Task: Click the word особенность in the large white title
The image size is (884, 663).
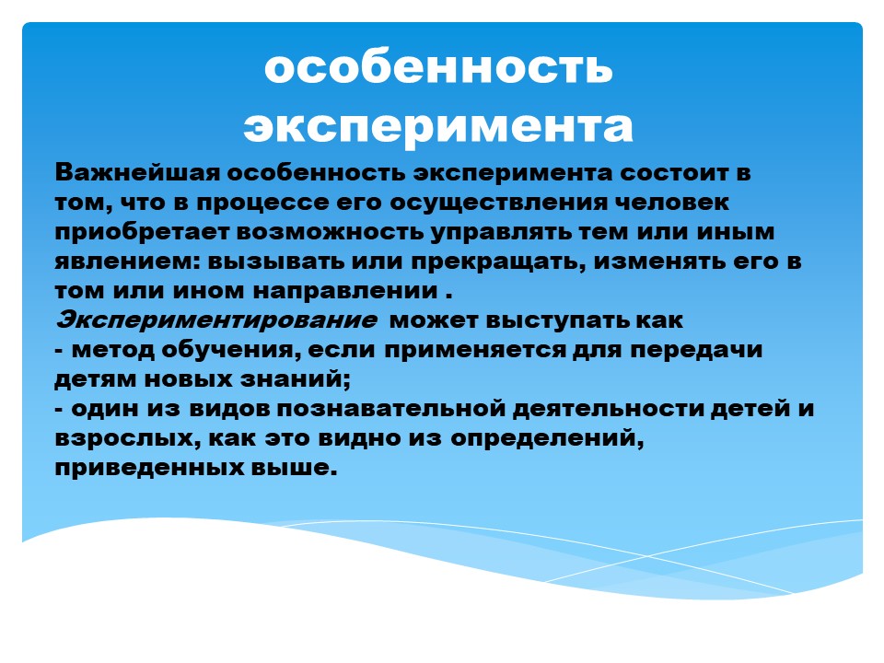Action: pyautogui.click(x=438, y=68)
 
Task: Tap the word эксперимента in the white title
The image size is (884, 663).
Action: pyautogui.click(x=438, y=127)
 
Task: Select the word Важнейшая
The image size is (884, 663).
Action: pyautogui.click(x=137, y=172)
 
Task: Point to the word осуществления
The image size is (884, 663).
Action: pyautogui.click(x=498, y=203)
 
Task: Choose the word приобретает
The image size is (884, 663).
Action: pyautogui.click(x=142, y=232)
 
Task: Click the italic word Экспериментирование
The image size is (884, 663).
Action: pyautogui.click(x=215, y=320)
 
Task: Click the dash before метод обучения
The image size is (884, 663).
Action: pyautogui.click(x=59, y=351)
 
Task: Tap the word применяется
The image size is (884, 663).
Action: pyautogui.click(x=475, y=350)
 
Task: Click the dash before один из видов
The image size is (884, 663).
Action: pyautogui.click(x=59, y=409)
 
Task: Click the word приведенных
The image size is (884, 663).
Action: pyautogui.click(x=149, y=468)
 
